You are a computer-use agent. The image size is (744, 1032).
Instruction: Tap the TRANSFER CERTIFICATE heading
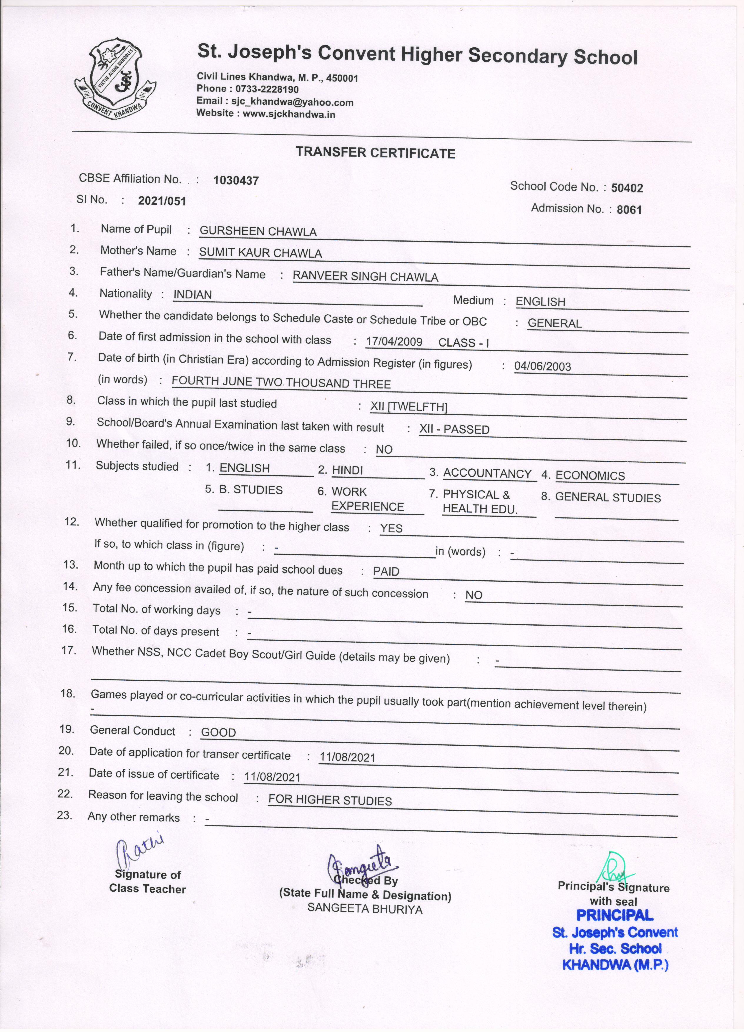pyautogui.click(x=376, y=153)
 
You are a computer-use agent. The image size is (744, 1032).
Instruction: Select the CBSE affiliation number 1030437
pyautogui.click(x=236, y=181)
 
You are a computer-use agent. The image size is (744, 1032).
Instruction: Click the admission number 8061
pyautogui.click(x=629, y=210)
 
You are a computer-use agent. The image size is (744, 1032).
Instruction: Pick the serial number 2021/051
pyautogui.click(x=162, y=201)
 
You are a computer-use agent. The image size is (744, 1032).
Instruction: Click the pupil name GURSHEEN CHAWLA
pyautogui.click(x=258, y=232)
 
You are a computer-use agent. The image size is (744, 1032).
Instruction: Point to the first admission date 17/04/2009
pyautogui.click(x=394, y=342)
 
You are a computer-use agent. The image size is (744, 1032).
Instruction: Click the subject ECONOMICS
pyautogui.click(x=590, y=476)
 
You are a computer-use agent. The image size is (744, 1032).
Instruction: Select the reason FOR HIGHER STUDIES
pyautogui.click(x=330, y=800)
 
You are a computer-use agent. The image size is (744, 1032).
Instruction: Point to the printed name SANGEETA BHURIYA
pyautogui.click(x=365, y=909)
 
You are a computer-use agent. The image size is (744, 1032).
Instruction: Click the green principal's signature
pyautogui.click(x=615, y=868)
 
